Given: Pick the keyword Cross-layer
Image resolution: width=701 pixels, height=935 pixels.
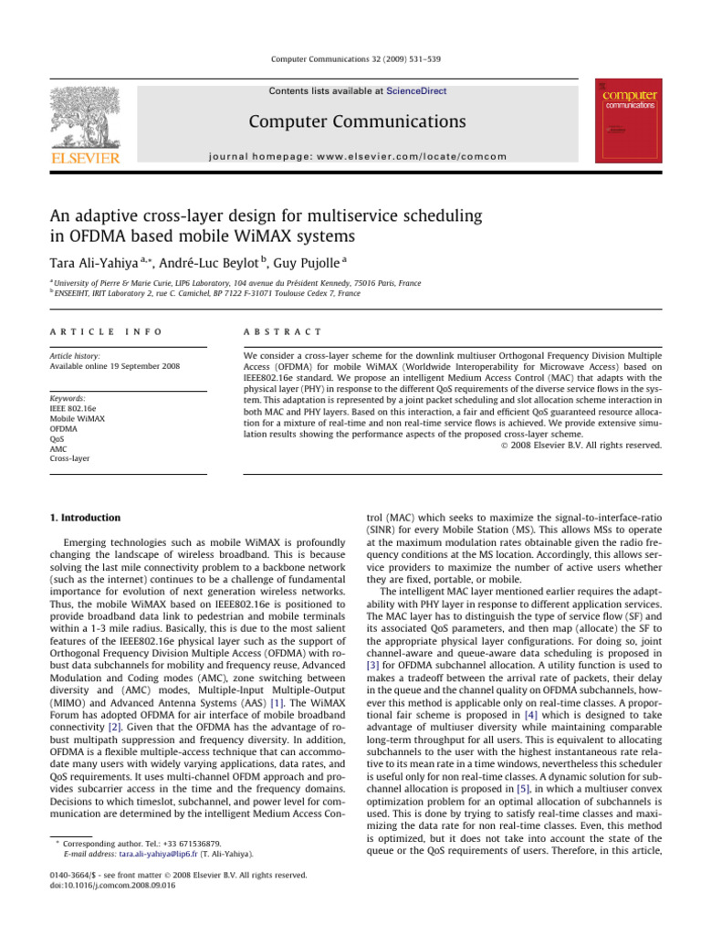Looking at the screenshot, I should point(69,458).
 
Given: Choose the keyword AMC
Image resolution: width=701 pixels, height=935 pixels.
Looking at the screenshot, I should point(59,448).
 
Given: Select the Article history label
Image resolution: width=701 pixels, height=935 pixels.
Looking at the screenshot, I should point(75,356).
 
